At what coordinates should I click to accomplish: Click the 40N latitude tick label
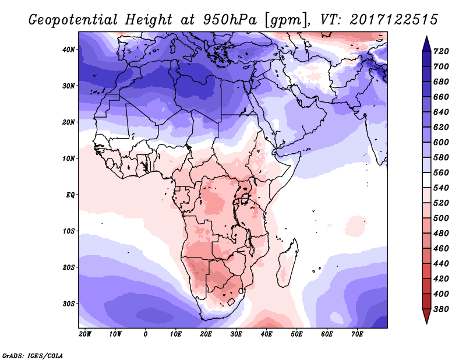(69, 50)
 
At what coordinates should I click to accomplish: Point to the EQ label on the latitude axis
(70, 195)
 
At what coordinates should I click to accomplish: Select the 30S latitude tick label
(69, 303)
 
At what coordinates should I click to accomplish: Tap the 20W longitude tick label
(85, 334)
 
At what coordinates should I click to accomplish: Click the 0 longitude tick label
(146, 334)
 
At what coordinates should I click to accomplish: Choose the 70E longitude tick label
(358, 334)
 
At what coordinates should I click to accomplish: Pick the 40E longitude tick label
(267, 334)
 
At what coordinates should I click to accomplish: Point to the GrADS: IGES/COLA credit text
(32, 355)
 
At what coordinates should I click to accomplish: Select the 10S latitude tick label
(69, 231)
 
